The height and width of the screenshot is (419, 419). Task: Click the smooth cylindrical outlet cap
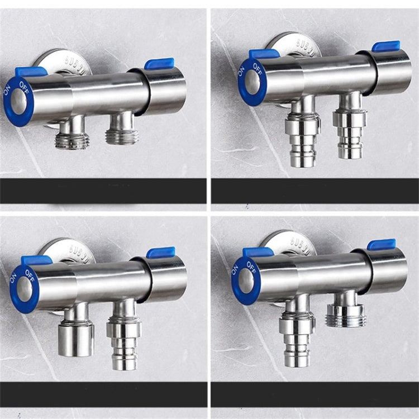pos(76,339)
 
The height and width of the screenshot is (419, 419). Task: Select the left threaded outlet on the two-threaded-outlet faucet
pos(72,139)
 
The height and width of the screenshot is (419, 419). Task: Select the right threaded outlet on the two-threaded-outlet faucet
pos(122,134)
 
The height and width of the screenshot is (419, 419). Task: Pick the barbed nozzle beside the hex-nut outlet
pos(298,341)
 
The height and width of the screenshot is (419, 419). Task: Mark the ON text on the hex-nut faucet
pos(235,270)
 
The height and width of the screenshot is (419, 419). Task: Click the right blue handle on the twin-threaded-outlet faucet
pos(159,63)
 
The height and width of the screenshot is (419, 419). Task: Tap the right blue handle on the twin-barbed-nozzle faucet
pos(386,46)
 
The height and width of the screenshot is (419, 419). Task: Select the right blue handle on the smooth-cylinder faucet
pos(161,253)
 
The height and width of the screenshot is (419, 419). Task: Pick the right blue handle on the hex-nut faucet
pos(382,244)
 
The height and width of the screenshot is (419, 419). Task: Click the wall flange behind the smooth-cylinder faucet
pos(63,247)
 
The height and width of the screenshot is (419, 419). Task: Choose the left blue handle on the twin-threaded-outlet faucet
pos(31,72)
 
